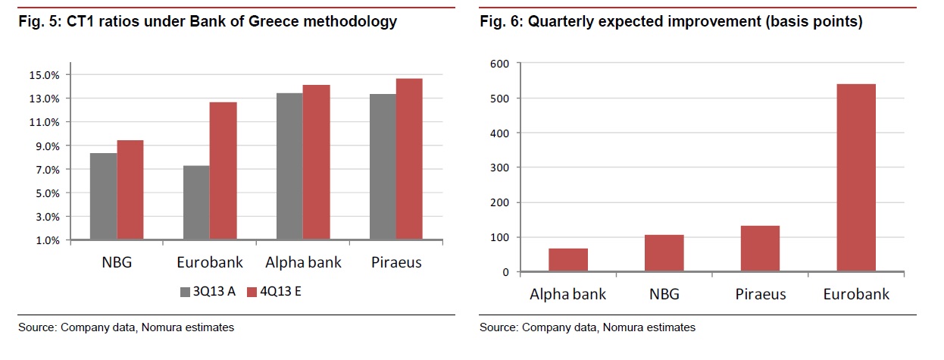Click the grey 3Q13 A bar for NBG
pos(103,196)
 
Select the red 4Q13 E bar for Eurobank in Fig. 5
pos(223,171)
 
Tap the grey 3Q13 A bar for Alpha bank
pos(289,166)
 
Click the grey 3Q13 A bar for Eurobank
pos(196,202)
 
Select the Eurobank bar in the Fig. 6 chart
pos(856,177)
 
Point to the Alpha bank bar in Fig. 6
pos(568,260)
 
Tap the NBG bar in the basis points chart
pos(664,253)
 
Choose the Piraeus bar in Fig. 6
pos(760,249)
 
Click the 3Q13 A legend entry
pos(204,291)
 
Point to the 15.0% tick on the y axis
pos(44,75)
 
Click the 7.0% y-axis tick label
pos(46,170)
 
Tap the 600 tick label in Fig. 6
pos(500,64)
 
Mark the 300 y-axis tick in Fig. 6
pos(500,167)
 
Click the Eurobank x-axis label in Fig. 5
pos(209,263)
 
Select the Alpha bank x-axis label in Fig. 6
pos(568,294)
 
